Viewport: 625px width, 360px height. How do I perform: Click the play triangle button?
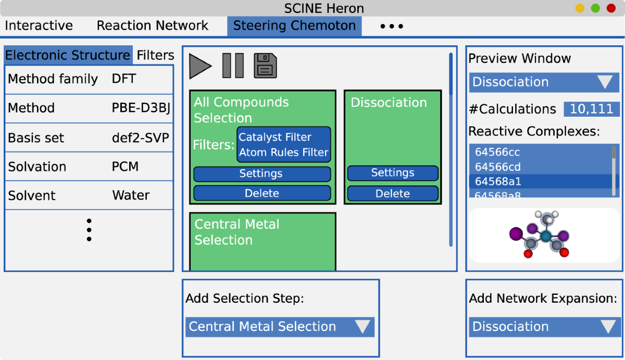click(x=199, y=66)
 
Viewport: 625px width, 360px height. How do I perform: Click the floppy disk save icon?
click(x=265, y=66)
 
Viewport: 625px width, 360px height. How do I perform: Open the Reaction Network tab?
click(x=152, y=26)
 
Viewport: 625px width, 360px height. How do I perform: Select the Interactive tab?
click(x=39, y=26)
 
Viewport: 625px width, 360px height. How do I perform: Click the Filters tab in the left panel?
click(x=155, y=55)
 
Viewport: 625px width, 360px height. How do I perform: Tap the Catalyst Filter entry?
click(x=275, y=137)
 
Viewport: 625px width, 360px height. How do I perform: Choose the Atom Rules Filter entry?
click(x=283, y=152)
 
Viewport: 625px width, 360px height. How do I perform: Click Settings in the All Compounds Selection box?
click(x=262, y=173)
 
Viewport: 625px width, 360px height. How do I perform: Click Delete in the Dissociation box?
click(x=393, y=194)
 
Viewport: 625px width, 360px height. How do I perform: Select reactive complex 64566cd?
click(x=497, y=167)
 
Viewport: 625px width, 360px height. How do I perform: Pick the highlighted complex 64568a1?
click(x=498, y=181)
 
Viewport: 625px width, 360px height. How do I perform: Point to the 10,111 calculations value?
click(x=591, y=109)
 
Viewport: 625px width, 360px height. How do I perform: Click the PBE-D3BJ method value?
click(x=141, y=108)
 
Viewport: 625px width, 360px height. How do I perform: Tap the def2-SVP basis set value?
click(x=140, y=138)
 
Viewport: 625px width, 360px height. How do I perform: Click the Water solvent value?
click(x=131, y=195)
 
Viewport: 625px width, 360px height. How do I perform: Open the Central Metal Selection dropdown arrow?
click(x=362, y=327)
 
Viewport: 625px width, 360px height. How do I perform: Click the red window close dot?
click(x=611, y=8)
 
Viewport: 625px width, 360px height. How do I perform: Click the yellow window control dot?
click(x=580, y=8)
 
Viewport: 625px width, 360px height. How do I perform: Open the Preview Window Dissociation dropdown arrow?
click(x=605, y=82)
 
